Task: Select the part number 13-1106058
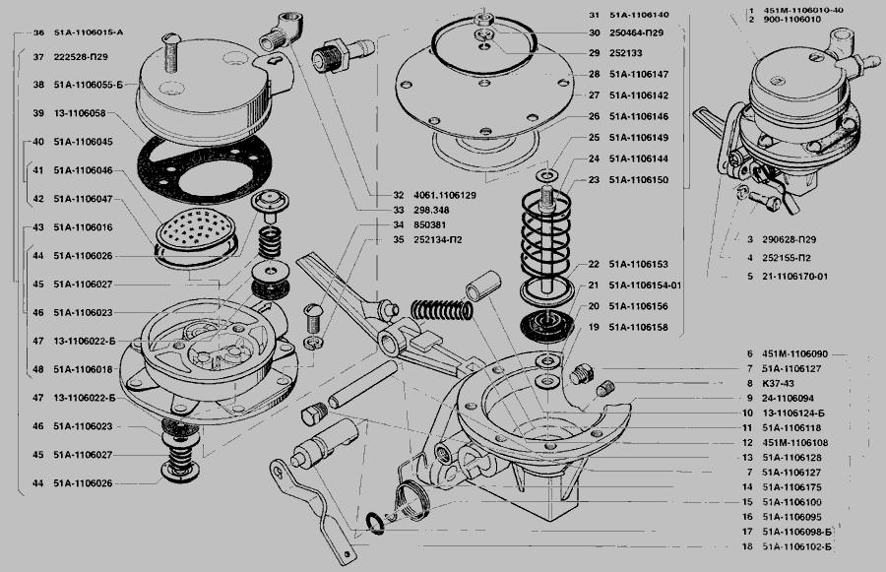82,114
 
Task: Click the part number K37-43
778,384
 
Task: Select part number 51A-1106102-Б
798,545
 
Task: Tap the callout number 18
748,545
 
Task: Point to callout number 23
594,180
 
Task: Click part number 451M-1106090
795,352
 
